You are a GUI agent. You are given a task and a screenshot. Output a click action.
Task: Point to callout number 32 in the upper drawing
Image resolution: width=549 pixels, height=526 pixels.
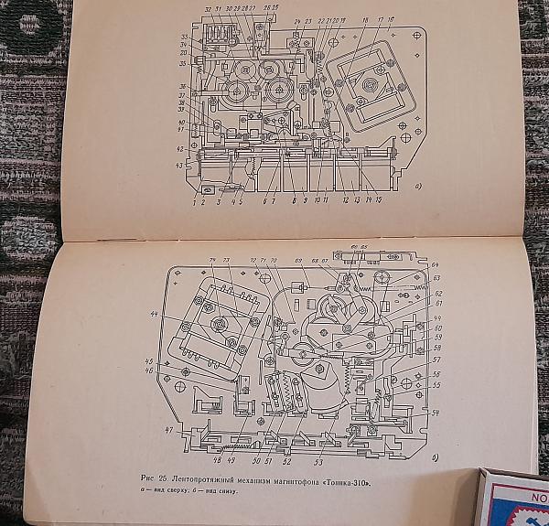tap(209, 9)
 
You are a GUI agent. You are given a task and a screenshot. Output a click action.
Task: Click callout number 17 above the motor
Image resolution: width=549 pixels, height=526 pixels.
tap(378, 18)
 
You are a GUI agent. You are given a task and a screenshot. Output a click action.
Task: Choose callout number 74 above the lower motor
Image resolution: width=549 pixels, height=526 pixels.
tap(212, 260)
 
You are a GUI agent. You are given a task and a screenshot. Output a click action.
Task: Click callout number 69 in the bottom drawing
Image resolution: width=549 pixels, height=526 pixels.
tap(299, 261)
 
